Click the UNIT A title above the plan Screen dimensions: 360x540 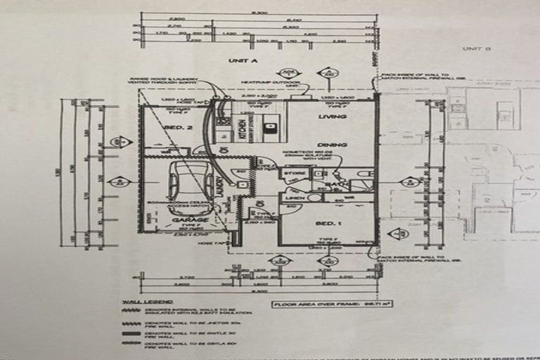pos(243,61)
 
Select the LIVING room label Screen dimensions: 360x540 pos(328,116)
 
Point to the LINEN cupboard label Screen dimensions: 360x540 pos(294,198)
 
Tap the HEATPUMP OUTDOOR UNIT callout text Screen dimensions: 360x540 pos(266,84)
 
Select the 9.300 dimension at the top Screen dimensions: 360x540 pos(260,13)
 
